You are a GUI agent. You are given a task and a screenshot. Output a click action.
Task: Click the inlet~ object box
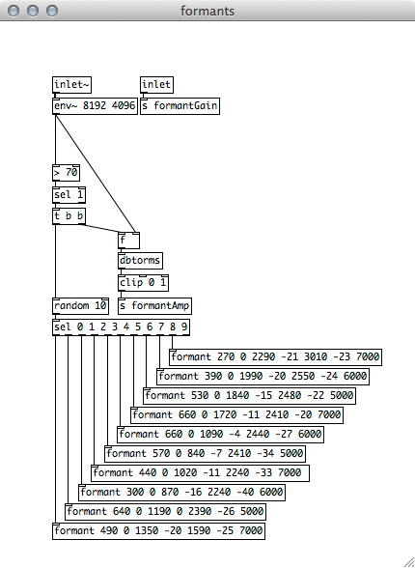tap(71, 85)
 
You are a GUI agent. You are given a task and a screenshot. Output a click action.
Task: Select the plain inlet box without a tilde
tap(156, 85)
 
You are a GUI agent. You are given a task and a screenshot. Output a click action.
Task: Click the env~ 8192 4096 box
tap(95, 106)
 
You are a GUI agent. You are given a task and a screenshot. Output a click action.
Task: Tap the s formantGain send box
tap(180, 106)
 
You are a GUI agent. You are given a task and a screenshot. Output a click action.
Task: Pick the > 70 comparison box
tap(66, 173)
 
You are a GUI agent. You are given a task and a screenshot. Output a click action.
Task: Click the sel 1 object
tap(69, 195)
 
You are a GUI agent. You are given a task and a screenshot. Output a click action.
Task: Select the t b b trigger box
tap(69, 216)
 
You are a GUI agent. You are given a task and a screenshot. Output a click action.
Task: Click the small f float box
tap(128, 241)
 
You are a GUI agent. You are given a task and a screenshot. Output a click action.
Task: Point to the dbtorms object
tap(140, 261)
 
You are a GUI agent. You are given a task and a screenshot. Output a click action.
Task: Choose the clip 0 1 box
tap(143, 283)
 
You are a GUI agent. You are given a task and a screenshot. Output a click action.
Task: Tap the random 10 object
tap(80, 306)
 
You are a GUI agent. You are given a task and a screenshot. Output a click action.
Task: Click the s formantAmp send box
tap(154, 306)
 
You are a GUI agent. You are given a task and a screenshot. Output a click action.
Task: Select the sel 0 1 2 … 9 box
tap(121, 327)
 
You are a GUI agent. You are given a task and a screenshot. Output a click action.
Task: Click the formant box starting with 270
tap(275, 357)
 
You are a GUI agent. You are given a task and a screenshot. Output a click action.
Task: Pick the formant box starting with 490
tap(158, 531)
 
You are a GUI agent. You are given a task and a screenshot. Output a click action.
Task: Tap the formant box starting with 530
tap(249, 396)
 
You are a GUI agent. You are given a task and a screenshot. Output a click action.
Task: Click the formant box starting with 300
tap(181, 493)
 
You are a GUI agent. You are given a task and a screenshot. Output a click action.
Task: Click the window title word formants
tap(207, 12)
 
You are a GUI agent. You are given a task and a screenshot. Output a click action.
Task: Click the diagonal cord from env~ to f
tap(96, 173)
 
